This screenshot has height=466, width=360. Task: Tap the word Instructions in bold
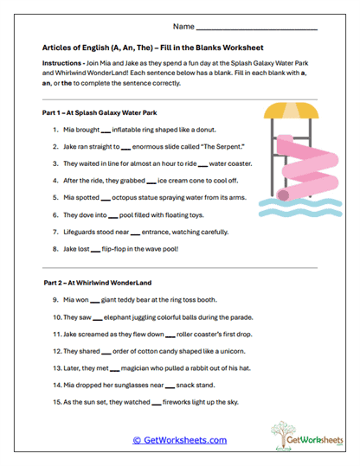point(63,65)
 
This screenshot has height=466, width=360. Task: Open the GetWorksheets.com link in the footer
point(179,440)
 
